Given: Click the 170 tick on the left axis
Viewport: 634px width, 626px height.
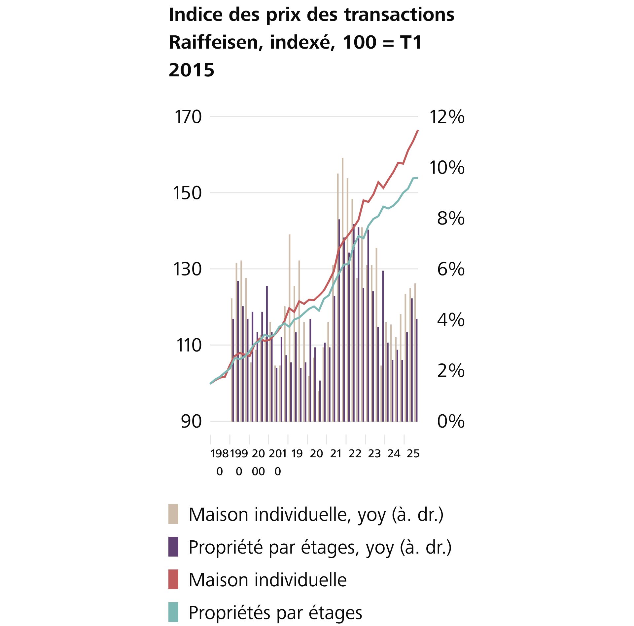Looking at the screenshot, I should (188, 117).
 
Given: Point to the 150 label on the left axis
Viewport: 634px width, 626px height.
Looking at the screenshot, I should (187, 193).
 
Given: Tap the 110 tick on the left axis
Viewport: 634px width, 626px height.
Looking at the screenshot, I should (189, 346).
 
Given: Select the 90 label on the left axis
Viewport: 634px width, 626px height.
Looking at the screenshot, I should (191, 422).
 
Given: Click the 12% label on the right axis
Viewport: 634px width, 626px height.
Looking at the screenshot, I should (446, 117).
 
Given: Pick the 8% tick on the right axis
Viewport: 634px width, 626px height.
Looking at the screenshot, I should (450, 219).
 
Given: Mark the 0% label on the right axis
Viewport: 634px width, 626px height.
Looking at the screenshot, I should (450, 422).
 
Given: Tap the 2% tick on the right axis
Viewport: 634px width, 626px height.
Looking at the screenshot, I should (450, 371).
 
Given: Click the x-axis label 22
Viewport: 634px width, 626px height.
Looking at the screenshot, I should (355, 454).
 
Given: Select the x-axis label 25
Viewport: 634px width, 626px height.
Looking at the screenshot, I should (413, 454).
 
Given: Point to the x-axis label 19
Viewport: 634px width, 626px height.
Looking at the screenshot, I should (297, 454).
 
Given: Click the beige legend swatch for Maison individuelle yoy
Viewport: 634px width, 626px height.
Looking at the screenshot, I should (173, 514).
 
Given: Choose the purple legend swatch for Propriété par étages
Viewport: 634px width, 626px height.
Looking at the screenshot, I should (173, 547).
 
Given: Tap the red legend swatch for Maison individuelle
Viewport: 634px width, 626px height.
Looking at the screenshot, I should (173, 579).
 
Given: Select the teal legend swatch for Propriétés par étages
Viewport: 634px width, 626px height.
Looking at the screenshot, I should (173, 612).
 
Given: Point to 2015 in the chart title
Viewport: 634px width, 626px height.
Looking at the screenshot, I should (192, 70).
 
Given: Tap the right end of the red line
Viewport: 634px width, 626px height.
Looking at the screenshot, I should (418, 131).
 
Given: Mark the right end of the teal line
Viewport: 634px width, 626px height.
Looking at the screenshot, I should (417, 178).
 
